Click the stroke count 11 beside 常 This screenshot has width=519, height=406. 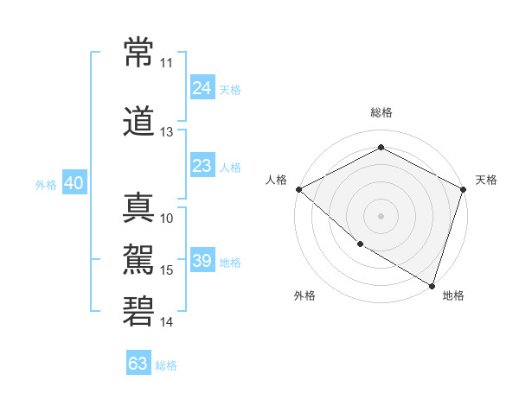(167, 63)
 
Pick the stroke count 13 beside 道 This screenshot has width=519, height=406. (167, 132)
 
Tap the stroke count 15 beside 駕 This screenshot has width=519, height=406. (167, 270)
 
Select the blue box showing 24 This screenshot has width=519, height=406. (202, 88)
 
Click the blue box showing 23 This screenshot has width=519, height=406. (202, 166)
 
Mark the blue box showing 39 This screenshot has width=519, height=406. (202, 261)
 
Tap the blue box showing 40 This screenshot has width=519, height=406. (74, 183)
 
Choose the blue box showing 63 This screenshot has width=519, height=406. (138, 364)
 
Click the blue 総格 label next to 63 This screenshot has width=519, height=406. (166, 365)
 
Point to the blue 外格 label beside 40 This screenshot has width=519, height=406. (46, 184)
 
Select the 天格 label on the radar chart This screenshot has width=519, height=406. (486, 180)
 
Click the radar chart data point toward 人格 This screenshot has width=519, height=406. (298, 189)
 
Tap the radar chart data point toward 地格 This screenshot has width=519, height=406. (432, 285)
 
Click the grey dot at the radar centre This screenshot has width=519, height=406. (381, 215)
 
